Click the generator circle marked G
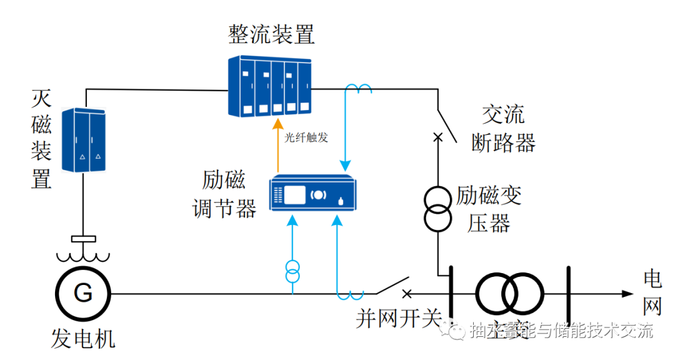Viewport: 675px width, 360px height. pyautogui.click(x=82, y=292)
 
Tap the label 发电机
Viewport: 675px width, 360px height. pyautogui.click(x=83, y=339)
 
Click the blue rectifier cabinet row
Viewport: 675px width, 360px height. pyautogui.click(x=269, y=86)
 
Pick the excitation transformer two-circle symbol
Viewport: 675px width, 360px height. pyautogui.click(x=437, y=209)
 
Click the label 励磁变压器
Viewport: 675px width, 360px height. pyautogui.click(x=489, y=209)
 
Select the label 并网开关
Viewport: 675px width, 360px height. pyautogui.click(x=399, y=319)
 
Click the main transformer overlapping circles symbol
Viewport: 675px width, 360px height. pyautogui.click(x=509, y=292)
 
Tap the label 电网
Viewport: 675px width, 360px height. pyautogui.click(x=652, y=292)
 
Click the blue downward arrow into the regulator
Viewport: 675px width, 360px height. pyautogui.click(x=344, y=164)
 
